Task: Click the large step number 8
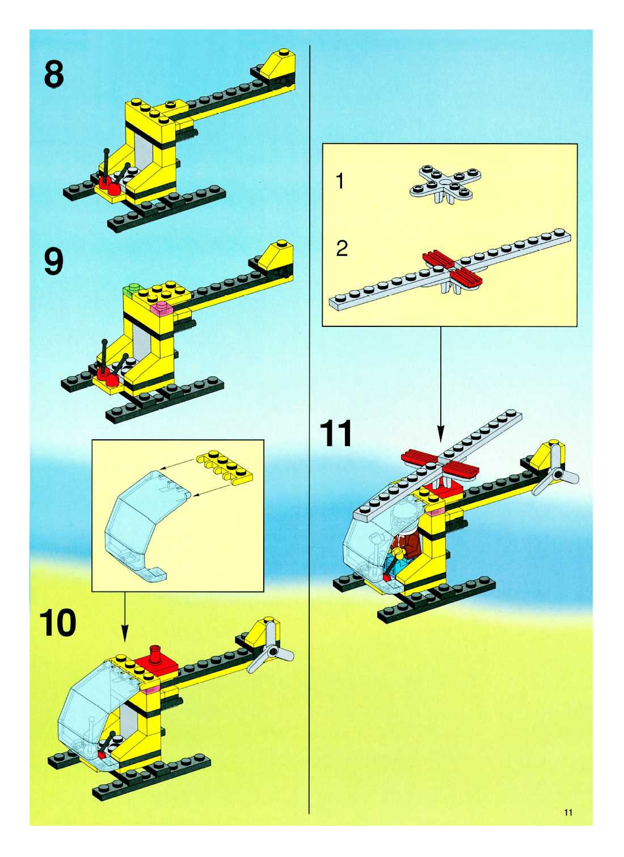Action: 54,75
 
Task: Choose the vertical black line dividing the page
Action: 309,416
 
